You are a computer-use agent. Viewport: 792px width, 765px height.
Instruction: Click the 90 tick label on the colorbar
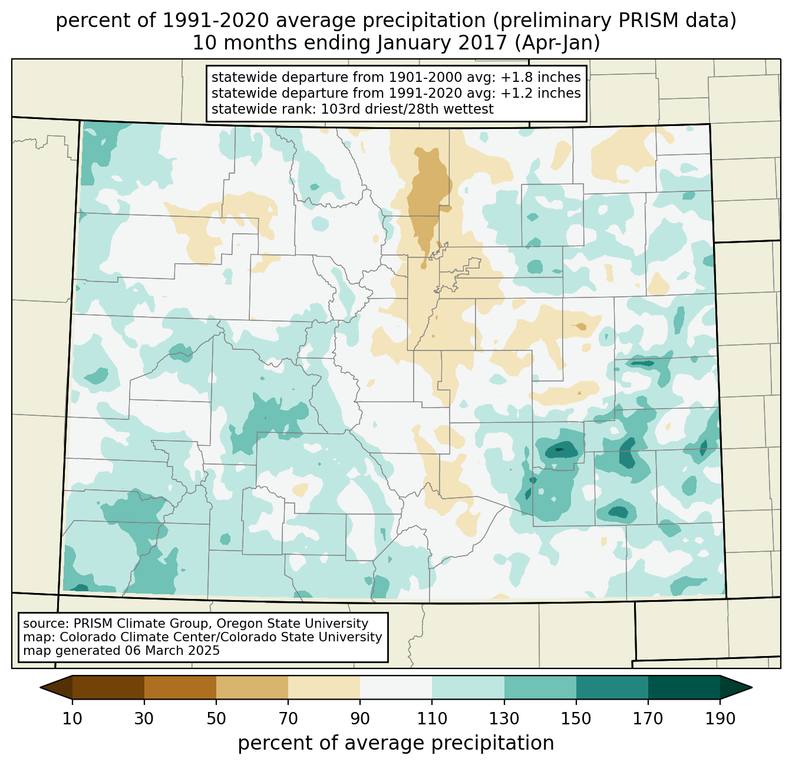point(360,719)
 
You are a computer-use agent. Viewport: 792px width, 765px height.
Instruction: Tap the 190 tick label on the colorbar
point(720,719)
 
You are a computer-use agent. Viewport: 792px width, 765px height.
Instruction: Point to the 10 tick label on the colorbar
point(72,719)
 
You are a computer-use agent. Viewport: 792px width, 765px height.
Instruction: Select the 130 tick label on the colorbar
point(504,719)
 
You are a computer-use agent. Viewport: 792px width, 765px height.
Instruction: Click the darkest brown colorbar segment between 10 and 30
point(108,687)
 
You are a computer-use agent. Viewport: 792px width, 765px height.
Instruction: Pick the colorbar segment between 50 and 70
point(252,687)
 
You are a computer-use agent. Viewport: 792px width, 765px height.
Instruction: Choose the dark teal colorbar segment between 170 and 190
point(684,687)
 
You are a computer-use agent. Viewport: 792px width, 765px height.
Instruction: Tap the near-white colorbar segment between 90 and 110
point(396,687)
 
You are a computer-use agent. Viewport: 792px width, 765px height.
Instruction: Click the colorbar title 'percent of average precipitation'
point(396,743)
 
